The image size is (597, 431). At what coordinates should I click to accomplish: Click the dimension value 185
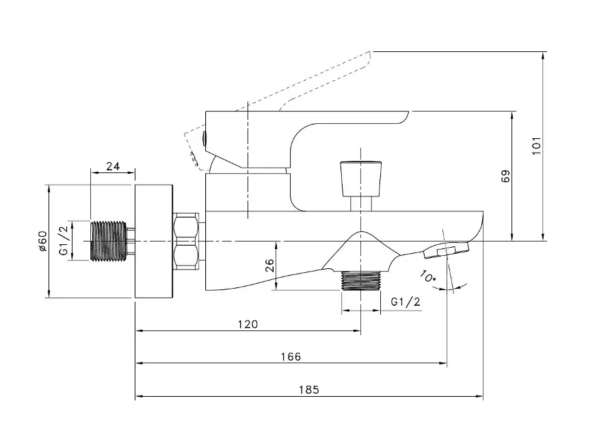[309, 390]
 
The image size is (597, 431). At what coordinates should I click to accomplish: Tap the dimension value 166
[291, 356]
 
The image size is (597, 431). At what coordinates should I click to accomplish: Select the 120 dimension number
[248, 324]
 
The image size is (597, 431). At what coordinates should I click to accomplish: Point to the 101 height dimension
[536, 146]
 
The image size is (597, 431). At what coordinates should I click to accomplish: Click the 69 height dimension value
[505, 177]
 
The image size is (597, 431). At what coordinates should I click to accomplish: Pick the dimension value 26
[269, 265]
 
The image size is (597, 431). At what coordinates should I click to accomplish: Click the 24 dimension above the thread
[113, 166]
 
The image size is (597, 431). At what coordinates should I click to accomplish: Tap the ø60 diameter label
[42, 241]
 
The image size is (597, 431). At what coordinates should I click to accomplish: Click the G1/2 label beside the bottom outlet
[406, 302]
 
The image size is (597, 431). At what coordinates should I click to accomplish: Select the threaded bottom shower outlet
[361, 280]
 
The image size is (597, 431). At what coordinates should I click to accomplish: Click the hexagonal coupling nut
[186, 241]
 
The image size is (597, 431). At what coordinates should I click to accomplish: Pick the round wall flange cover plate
[154, 241]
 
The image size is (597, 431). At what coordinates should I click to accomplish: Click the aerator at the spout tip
[446, 250]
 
